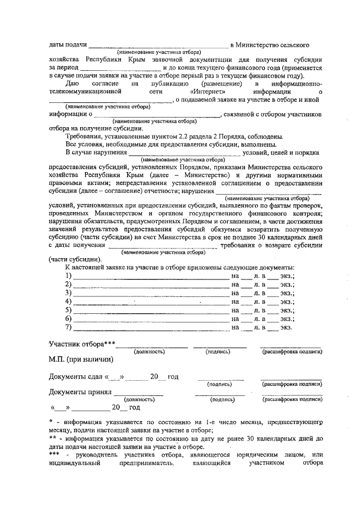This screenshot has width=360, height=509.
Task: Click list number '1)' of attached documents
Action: [69, 276]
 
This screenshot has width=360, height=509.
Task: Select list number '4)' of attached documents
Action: [69, 301]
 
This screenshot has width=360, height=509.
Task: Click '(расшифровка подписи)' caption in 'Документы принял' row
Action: [292, 400]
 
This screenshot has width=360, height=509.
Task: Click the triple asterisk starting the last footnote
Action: [55, 454]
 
